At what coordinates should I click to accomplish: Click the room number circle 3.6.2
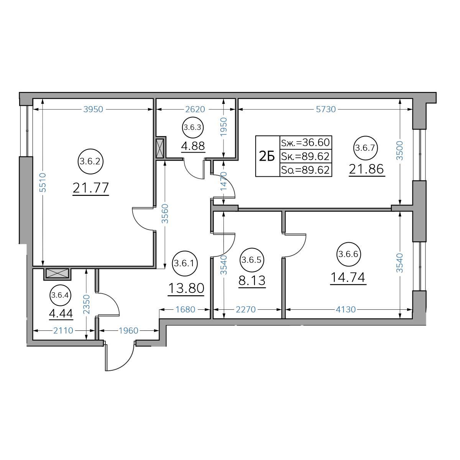[90, 162]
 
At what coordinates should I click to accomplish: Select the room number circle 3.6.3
[193, 128]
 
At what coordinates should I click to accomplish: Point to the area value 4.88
[193, 146]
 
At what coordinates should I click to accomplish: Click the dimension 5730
[325, 109]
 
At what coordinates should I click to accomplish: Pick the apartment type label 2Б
[267, 156]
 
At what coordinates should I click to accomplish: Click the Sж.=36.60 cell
[306, 143]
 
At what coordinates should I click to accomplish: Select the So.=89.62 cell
[306, 170]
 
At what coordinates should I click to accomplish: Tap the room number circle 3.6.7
[365, 148]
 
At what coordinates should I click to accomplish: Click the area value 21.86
[366, 169]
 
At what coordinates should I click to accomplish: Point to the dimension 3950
[93, 109]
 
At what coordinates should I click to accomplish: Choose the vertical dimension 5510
[43, 182]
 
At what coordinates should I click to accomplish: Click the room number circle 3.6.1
[185, 263]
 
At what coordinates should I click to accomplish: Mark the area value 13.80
[186, 288]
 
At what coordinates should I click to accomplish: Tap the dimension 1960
[128, 330]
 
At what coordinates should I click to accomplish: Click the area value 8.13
[252, 281]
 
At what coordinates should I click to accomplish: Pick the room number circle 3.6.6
[348, 254]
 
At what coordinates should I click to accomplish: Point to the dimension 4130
[346, 309]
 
